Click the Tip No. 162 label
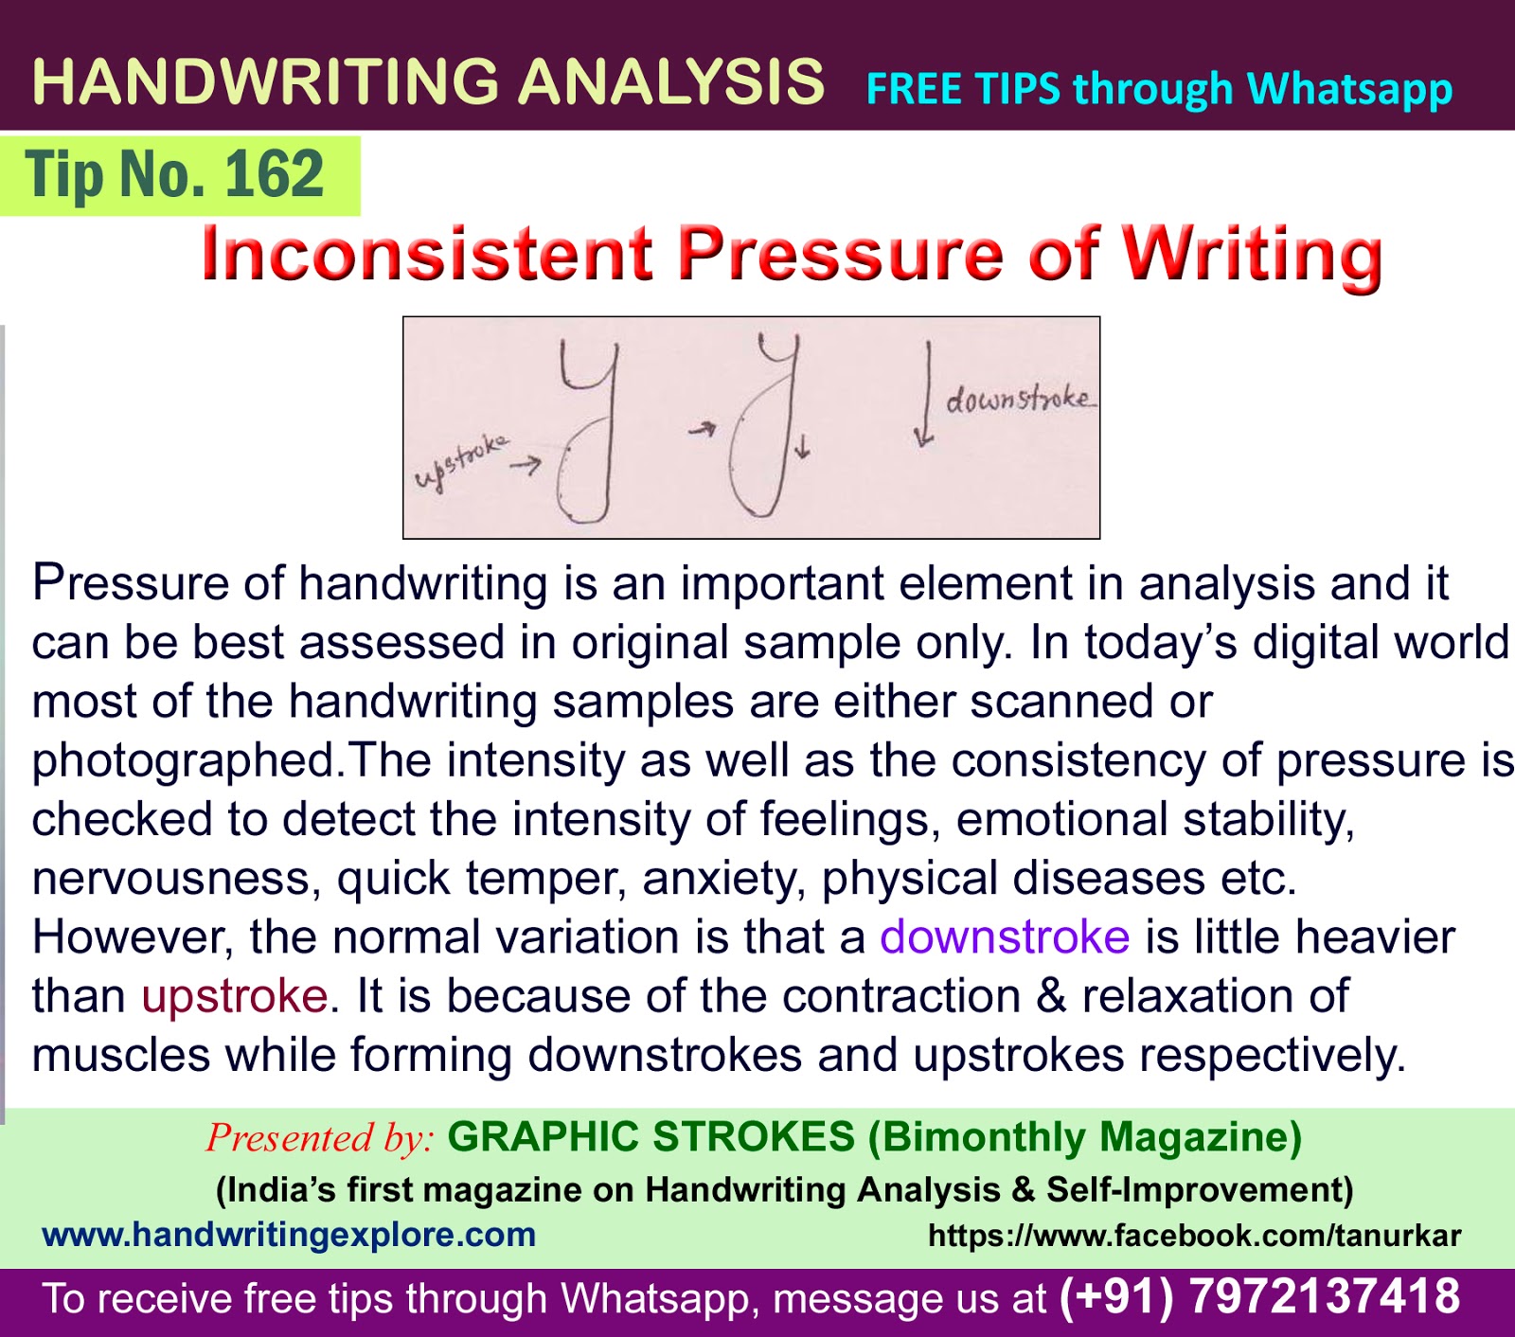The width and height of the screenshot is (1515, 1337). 175,175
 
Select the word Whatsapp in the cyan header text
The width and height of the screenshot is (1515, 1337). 1349,90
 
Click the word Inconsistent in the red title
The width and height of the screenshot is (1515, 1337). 427,255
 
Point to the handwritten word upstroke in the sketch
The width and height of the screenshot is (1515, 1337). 461,463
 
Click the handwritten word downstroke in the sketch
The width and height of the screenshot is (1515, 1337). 1019,400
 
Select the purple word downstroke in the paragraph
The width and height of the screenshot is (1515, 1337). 1005,937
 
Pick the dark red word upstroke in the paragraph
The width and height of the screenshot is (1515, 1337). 235,996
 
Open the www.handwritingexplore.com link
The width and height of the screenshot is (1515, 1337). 289,1235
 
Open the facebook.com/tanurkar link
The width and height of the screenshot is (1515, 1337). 1195,1236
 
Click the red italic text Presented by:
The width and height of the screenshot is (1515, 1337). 320,1137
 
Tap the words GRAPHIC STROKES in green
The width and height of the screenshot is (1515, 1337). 651,1137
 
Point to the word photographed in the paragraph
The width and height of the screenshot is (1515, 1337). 185,761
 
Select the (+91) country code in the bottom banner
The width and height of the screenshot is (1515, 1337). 1115,1297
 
